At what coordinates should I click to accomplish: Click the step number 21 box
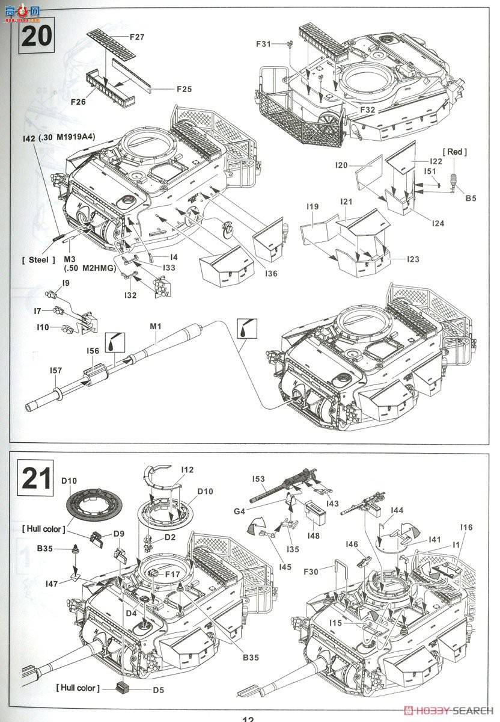click(35, 477)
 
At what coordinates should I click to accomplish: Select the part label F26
click(77, 102)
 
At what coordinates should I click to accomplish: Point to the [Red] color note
click(454, 152)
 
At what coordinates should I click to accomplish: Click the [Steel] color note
click(38, 260)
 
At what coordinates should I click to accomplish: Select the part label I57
click(55, 371)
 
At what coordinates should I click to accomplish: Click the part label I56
click(93, 351)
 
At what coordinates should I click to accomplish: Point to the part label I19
click(311, 207)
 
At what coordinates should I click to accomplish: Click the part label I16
click(466, 527)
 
